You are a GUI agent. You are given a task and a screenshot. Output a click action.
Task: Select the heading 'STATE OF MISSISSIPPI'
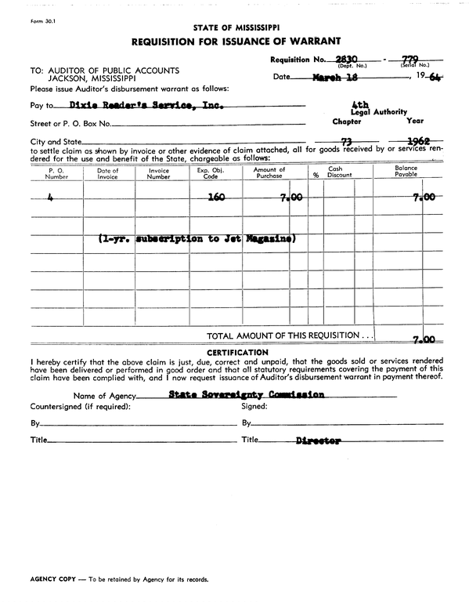tap(234, 25)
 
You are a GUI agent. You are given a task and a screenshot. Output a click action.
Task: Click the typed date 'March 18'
tap(335, 78)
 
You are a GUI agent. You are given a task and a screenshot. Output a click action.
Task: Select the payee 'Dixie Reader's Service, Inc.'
tap(147, 103)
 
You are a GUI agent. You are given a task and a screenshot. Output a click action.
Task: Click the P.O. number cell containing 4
tap(50, 198)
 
